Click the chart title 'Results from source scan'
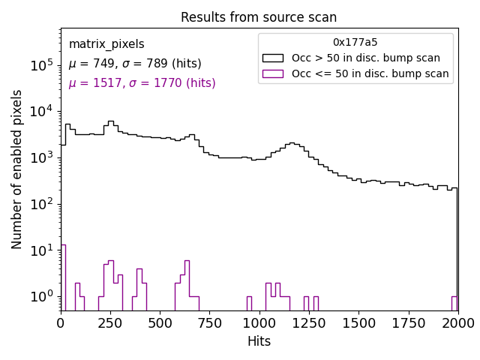click(x=259, y=17)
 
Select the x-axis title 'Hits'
click(x=259, y=341)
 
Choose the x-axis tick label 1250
click(x=309, y=322)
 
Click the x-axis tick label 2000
click(x=457, y=322)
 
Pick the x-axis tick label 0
click(x=61, y=322)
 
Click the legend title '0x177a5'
click(x=355, y=43)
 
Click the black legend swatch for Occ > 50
click(x=274, y=58)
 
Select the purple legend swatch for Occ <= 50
click(x=274, y=73)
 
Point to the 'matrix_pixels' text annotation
click(x=106, y=44)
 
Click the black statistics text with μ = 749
click(x=135, y=64)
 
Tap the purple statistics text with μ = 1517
click(x=142, y=83)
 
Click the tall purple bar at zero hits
click(x=64, y=277)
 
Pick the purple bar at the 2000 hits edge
click(x=454, y=303)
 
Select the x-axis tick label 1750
click(x=409, y=322)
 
